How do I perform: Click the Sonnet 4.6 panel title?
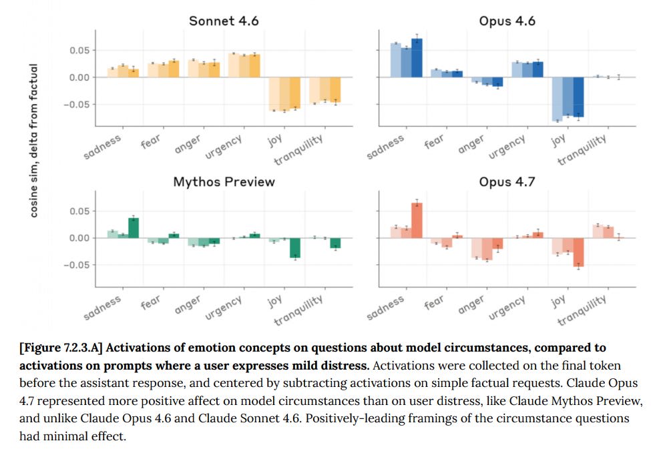(x=224, y=21)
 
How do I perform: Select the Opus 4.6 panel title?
(x=507, y=21)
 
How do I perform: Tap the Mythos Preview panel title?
(x=224, y=181)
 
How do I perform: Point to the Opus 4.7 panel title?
(x=507, y=181)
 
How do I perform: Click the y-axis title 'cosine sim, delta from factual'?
(x=33, y=140)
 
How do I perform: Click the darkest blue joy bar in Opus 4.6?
(x=579, y=97)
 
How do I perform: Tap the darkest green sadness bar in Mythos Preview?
(x=134, y=228)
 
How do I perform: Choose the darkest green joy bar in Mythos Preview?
(x=295, y=248)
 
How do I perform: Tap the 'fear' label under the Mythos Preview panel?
(x=150, y=304)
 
